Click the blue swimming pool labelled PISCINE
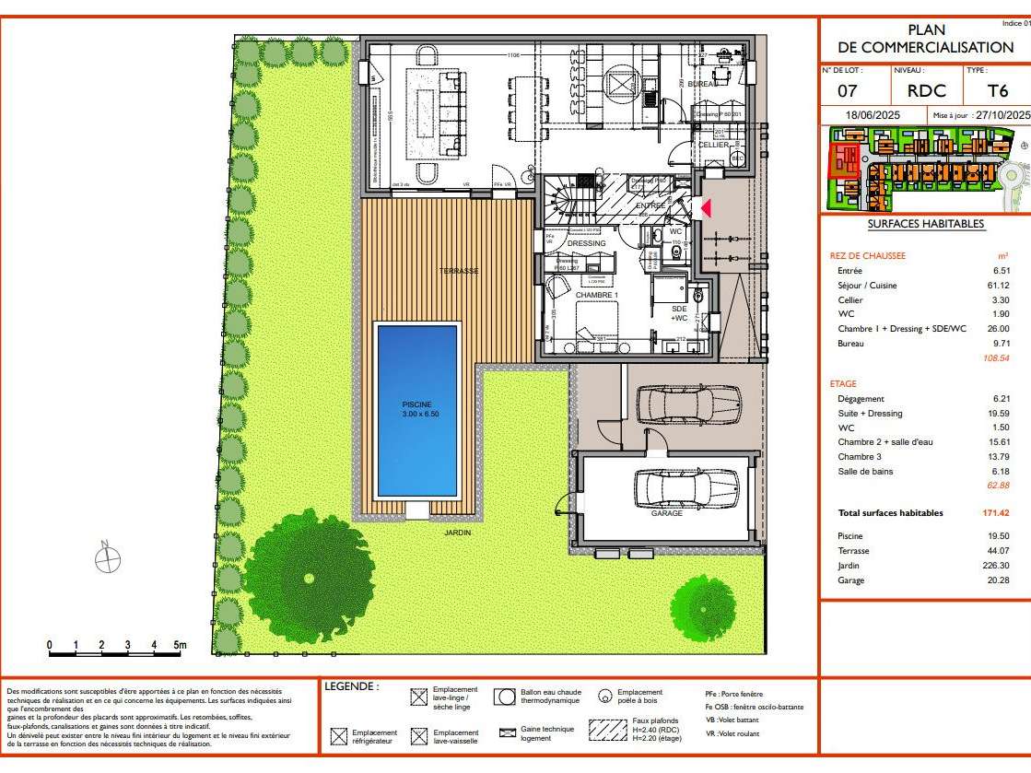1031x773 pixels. pos(416,409)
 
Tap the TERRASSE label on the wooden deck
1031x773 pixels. pos(458,271)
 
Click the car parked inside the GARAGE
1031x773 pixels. pos(686,487)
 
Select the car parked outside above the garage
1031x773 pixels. pos(688,402)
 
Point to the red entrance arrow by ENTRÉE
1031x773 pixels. pos(706,208)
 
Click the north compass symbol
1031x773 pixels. pos(109,557)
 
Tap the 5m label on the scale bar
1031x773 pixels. pos(179,645)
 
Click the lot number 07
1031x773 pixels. pos(848,91)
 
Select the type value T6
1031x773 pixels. pos(998,91)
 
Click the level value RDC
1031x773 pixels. pos(926,91)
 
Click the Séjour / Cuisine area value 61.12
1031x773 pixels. pos(998,286)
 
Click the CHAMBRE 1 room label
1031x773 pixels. pos(597,295)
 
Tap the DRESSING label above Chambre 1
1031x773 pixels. pos(586,243)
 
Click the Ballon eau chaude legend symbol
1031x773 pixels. pos(504,697)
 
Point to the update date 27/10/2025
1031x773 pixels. pos(1002,116)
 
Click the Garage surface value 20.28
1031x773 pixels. pos(997,580)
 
